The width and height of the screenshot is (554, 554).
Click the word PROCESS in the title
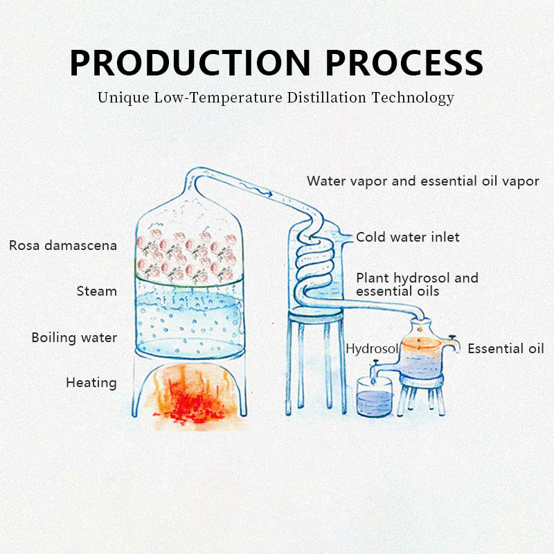pyautogui.click(x=404, y=62)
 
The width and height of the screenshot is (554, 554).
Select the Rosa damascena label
pyautogui.click(x=63, y=245)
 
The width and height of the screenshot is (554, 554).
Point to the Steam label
pyautogui.click(x=96, y=291)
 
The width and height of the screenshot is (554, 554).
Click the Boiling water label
pyautogui.click(x=74, y=338)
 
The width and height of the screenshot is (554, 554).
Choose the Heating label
pyautogui.click(x=91, y=382)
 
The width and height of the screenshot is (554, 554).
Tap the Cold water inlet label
pyautogui.click(x=407, y=238)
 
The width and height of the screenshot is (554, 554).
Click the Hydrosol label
pyautogui.click(x=372, y=348)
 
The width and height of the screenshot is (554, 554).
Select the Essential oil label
pyautogui.click(x=506, y=348)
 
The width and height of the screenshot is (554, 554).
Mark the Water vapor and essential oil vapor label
pyautogui.click(x=422, y=181)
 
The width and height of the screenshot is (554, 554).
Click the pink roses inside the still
pyautogui.click(x=186, y=256)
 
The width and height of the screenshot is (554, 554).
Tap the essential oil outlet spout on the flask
pyautogui.click(x=453, y=341)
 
